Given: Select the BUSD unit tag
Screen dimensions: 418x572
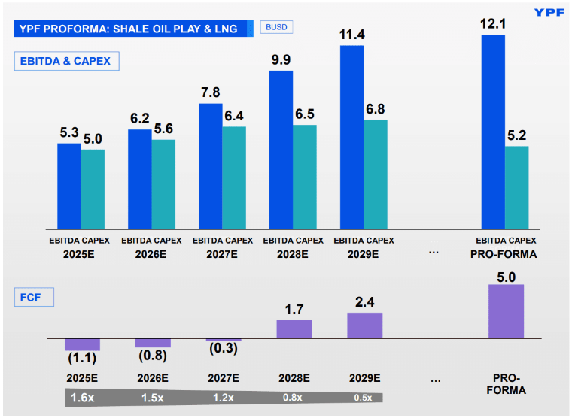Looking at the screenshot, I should point(276,27).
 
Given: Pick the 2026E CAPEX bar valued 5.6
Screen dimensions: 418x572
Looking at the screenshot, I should point(163,183).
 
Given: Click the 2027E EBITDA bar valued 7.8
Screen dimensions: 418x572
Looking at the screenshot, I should point(211,165).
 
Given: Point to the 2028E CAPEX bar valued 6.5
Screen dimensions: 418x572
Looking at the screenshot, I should point(305,176).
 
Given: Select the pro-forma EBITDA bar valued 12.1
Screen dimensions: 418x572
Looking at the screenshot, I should point(493,132).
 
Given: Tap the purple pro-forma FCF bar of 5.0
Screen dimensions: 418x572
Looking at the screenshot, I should point(506,310).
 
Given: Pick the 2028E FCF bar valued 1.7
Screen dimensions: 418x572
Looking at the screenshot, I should point(294,329).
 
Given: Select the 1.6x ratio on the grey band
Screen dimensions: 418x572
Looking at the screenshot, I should point(82,398).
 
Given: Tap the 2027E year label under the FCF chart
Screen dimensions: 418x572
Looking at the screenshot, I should point(224,378).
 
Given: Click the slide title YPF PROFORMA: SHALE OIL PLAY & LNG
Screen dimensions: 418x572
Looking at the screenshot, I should point(129,29).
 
